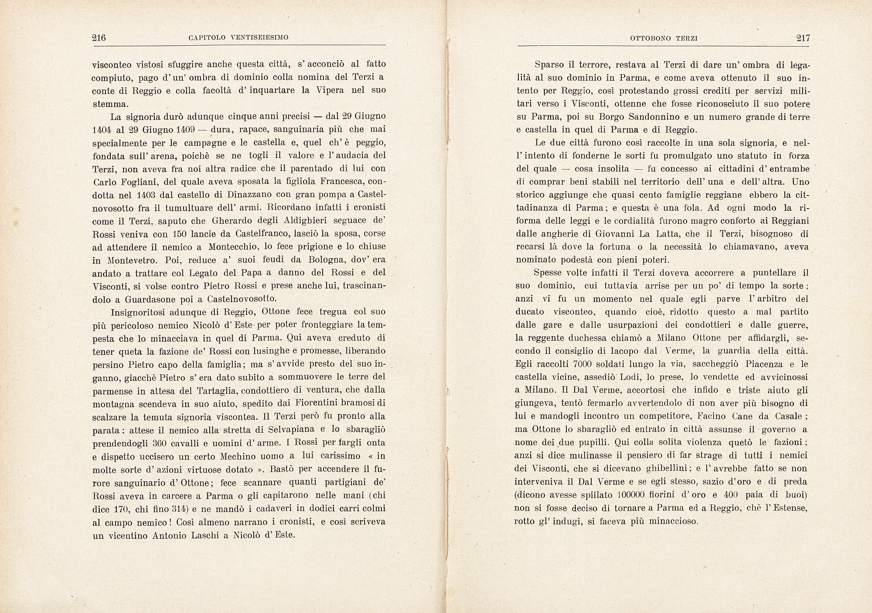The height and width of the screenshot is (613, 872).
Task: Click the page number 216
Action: (x=99, y=38)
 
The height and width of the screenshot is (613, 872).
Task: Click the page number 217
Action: (x=803, y=38)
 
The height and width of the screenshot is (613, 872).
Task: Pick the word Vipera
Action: (x=330, y=90)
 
